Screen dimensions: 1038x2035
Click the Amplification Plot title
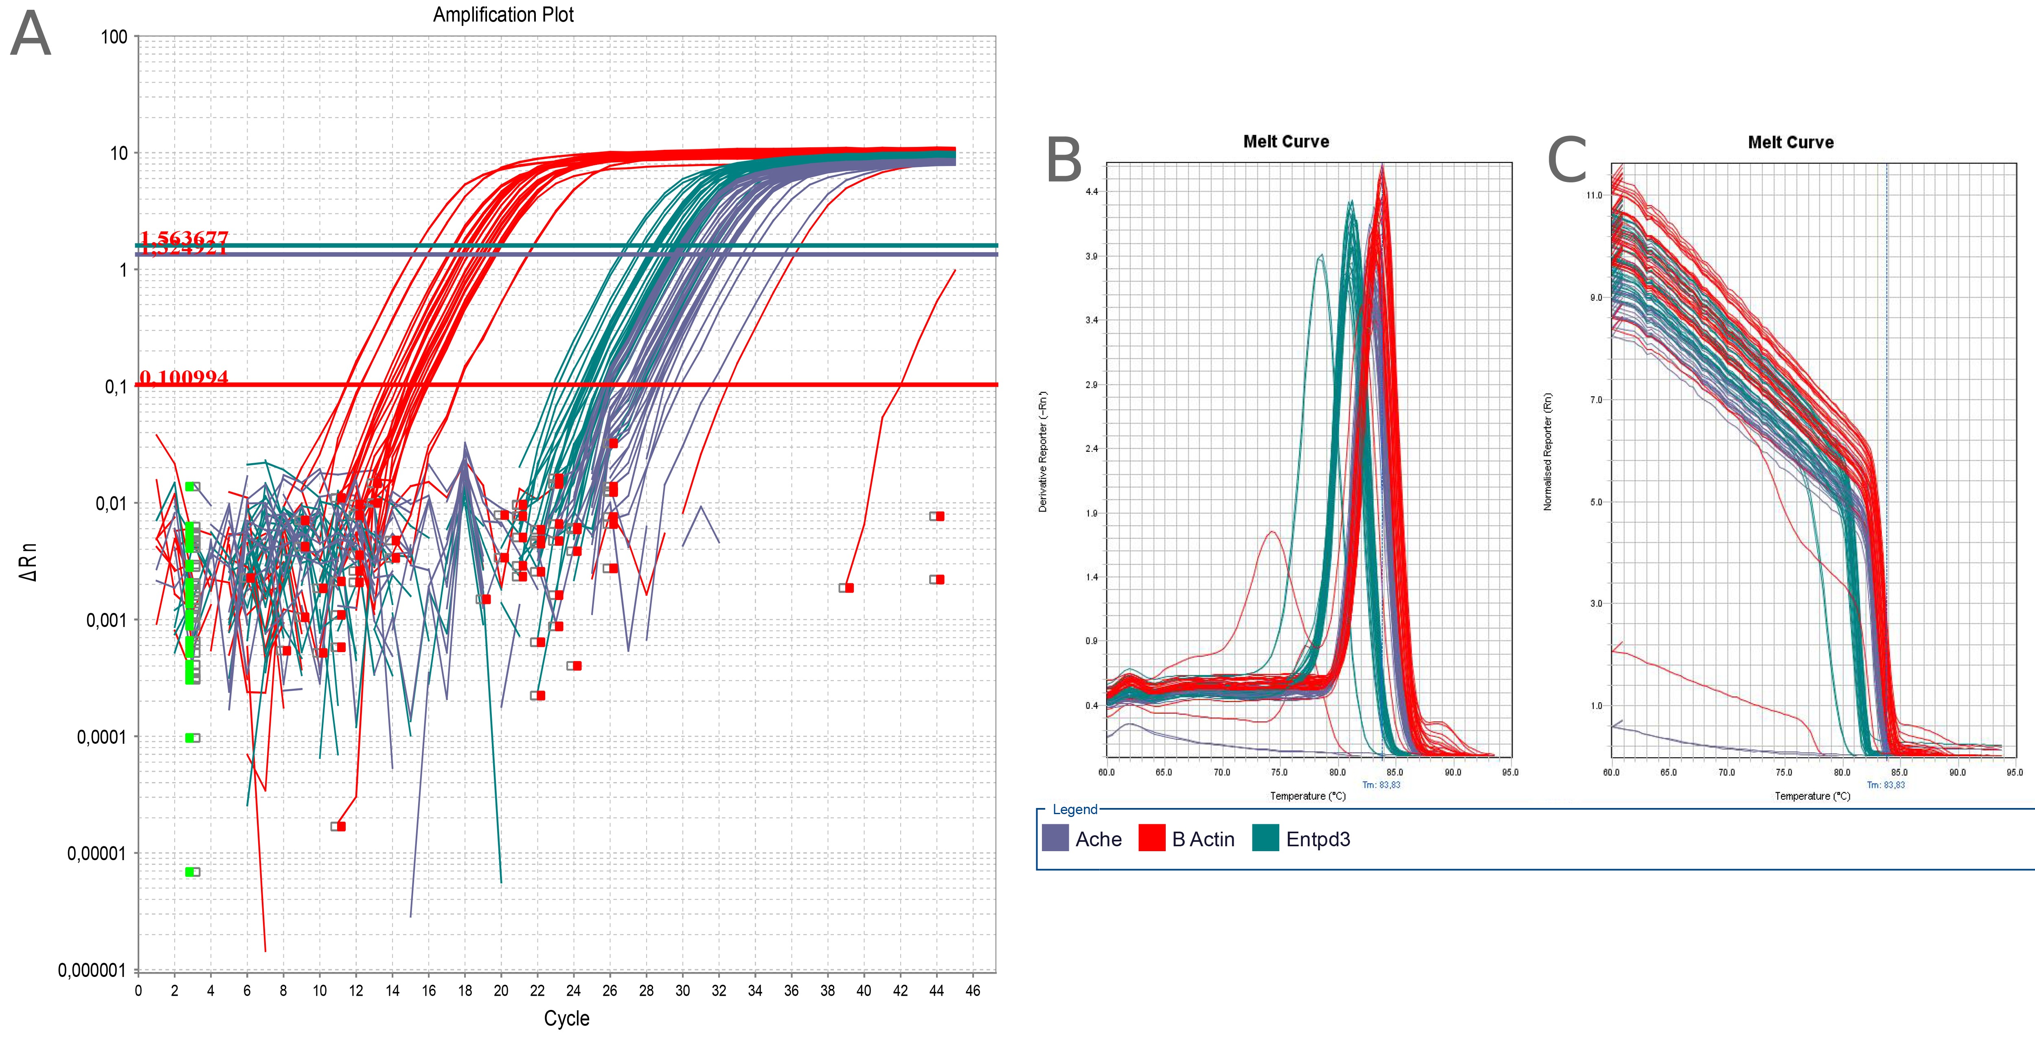pyautogui.click(x=503, y=15)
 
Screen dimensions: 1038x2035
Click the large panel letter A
pyautogui.click(x=31, y=35)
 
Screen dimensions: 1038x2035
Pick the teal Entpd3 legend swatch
pyautogui.click(x=1265, y=838)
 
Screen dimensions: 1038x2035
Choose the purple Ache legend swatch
pyautogui.click(x=1055, y=838)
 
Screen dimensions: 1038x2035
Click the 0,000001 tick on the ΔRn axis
pyautogui.click(x=92, y=970)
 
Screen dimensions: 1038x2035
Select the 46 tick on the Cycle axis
pyautogui.click(x=972, y=991)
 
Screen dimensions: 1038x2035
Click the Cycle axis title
pyautogui.click(x=566, y=1018)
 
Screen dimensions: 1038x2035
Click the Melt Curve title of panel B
pyautogui.click(x=1286, y=142)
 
